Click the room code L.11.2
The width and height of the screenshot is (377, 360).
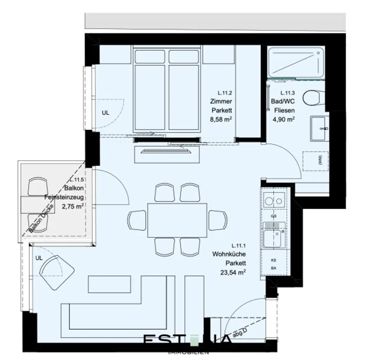pyautogui.click(x=224, y=93)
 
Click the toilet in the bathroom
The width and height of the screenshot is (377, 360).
pyautogui.click(x=313, y=98)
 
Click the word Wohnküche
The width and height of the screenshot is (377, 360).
pyautogui.click(x=229, y=254)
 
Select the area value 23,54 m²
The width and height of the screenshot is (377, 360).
pyautogui.click(x=231, y=272)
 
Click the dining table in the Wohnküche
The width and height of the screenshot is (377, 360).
pyautogui.click(x=177, y=220)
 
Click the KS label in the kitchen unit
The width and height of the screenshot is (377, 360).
pyautogui.click(x=274, y=260)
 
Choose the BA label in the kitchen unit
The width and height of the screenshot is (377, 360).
pyautogui.click(x=274, y=268)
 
